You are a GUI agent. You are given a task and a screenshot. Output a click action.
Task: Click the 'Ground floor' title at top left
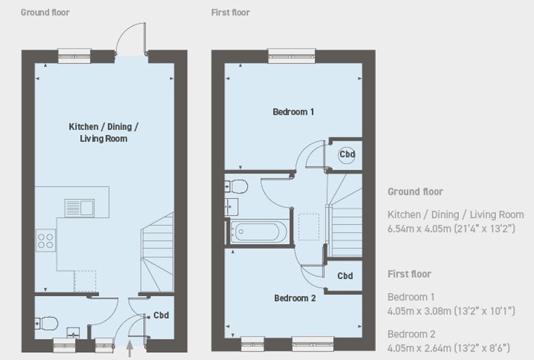45,13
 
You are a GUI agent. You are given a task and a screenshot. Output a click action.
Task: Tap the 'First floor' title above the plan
230,13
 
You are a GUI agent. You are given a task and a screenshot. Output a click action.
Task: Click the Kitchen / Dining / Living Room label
103,133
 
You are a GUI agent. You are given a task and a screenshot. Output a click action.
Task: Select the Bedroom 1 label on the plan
293,112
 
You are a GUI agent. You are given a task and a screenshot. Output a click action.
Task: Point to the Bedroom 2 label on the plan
295,298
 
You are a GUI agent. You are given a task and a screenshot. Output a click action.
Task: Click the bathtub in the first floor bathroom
259,232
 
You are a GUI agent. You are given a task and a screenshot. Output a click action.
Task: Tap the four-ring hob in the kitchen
46,240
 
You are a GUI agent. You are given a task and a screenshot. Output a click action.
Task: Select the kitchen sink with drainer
79,208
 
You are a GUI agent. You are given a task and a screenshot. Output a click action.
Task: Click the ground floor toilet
46,323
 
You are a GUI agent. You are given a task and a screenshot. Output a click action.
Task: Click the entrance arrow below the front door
129,349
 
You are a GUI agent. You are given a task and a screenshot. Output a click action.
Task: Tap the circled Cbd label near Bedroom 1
347,155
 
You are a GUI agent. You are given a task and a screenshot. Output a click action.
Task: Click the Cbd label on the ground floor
161,315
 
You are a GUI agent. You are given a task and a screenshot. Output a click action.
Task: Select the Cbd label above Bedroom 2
345,276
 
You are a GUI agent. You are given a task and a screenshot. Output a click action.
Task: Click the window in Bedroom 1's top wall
292,56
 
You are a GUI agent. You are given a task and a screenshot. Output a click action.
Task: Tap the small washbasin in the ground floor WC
73,332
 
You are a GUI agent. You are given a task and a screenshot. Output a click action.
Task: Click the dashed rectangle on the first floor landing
309,227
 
